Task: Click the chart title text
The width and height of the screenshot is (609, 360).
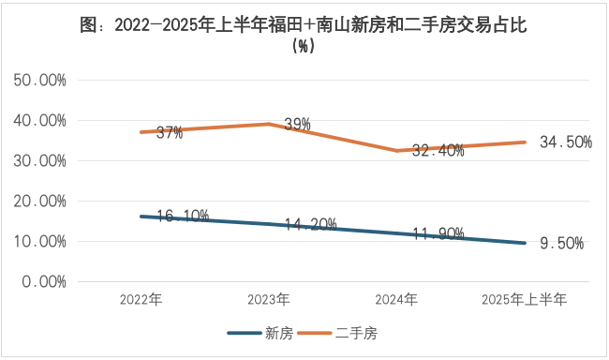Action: pos(304,36)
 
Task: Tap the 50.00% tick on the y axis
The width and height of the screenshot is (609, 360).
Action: pos(39,81)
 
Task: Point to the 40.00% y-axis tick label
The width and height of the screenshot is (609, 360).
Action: pos(39,121)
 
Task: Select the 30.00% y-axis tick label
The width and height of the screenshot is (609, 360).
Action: pos(39,161)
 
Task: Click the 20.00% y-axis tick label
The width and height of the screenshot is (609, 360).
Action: pos(39,202)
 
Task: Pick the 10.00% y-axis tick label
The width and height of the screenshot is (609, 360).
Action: pos(39,242)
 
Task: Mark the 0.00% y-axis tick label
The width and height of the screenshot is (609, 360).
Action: pos(44,281)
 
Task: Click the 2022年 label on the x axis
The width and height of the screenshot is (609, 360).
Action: pos(141,300)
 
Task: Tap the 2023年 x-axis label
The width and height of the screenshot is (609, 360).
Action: pos(269,300)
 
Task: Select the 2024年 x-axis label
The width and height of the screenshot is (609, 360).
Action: pos(396,300)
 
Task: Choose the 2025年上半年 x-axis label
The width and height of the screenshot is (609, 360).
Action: pos(524,300)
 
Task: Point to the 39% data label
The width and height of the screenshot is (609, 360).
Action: pos(297,125)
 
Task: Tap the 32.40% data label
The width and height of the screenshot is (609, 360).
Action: pos(438,151)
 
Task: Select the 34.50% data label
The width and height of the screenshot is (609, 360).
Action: pos(566,142)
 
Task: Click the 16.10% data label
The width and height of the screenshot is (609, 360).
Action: pos(182,217)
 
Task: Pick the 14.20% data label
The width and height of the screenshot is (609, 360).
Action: pos(310,224)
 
